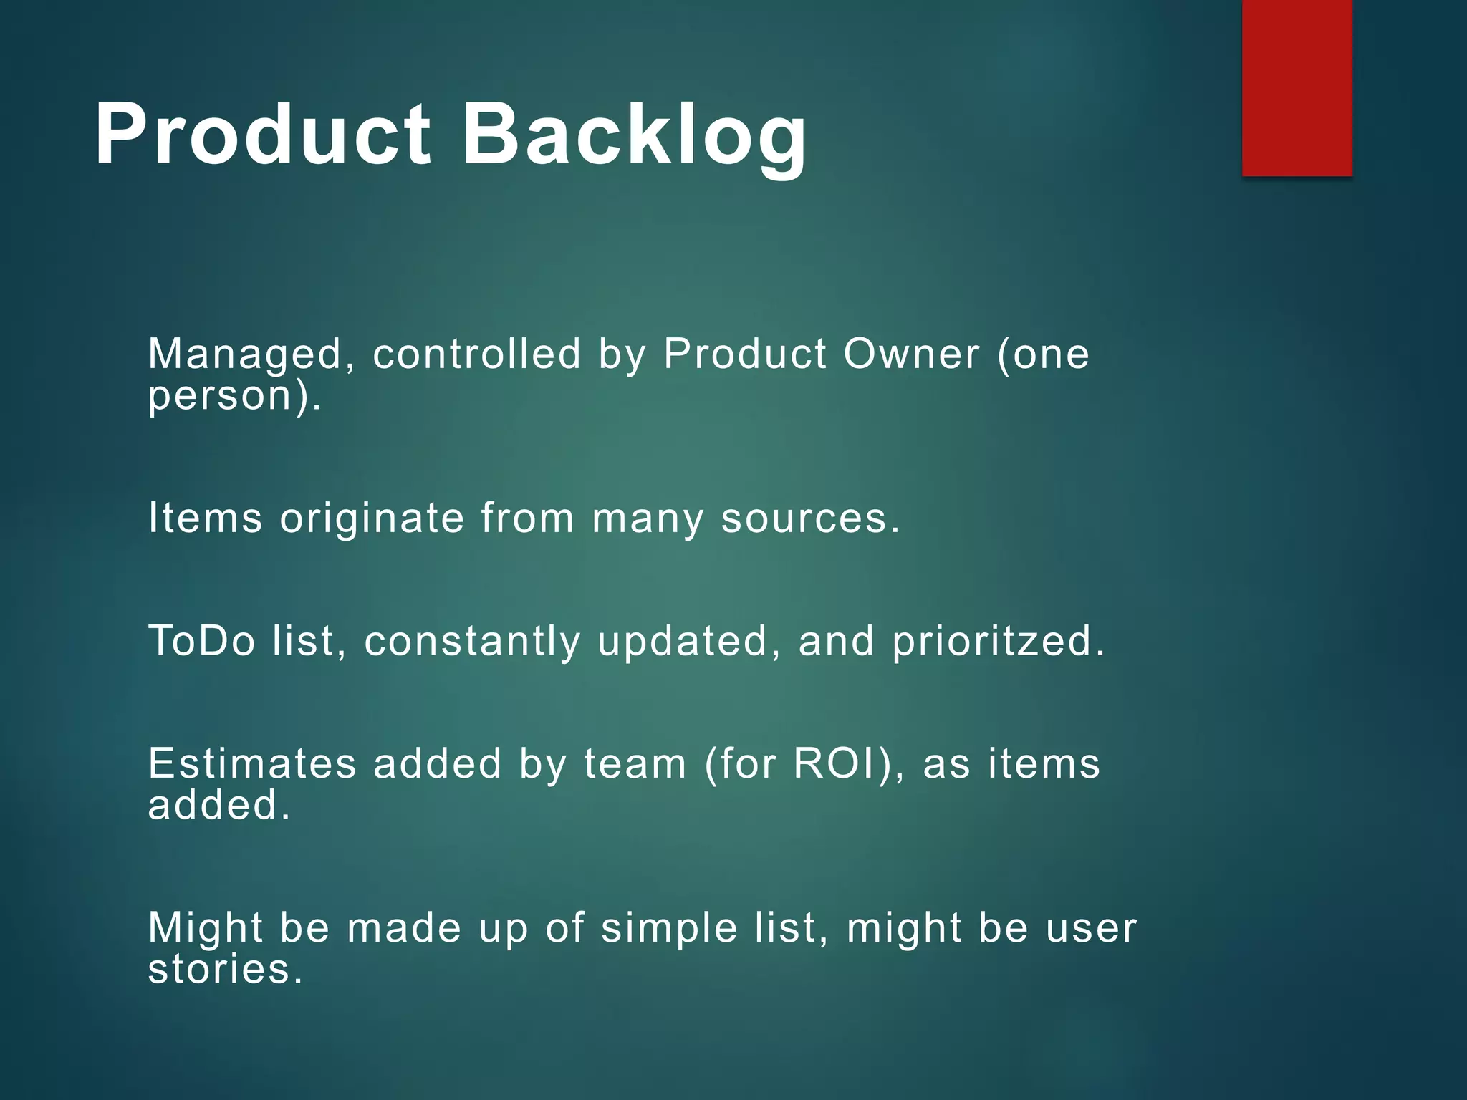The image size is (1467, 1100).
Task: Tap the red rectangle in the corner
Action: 1297,87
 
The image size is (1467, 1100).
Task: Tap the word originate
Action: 372,518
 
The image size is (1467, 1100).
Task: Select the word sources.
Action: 810,518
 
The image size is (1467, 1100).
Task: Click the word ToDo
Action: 201,640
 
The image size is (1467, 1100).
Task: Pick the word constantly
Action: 472,641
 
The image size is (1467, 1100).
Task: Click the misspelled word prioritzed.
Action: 999,641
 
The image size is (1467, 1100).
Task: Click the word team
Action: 635,763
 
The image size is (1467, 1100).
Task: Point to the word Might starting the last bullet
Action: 206,929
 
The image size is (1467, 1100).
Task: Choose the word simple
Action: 669,929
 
